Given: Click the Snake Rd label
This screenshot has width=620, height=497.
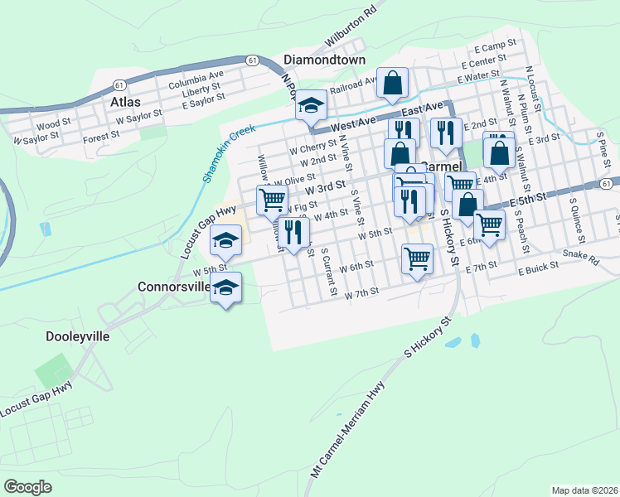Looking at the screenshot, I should pos(580,256).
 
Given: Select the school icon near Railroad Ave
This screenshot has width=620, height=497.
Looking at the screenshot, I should pos(312,105).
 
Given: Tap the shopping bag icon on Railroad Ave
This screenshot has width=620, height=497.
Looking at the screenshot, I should pos(393,83).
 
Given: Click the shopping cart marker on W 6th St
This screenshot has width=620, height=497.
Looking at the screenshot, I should pos(418,258).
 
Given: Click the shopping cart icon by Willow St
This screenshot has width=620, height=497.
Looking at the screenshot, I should pos(273,200).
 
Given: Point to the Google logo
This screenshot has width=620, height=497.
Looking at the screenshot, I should pos(27,487).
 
